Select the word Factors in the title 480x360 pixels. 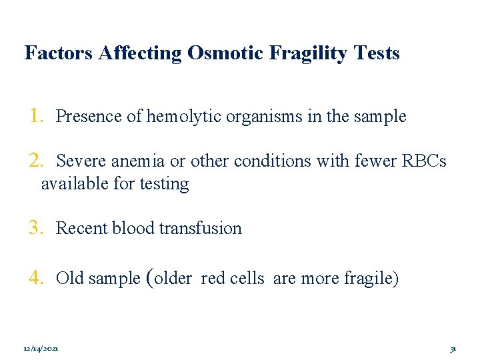[59, 53]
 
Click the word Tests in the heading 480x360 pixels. [378, 53]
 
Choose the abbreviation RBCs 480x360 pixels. [423, 162]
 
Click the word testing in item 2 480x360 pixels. [164, 184]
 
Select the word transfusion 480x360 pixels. [201, 229]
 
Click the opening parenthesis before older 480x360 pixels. [149, 277]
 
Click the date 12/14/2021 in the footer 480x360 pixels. [41, 349]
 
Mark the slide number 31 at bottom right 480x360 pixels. [453, 349]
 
